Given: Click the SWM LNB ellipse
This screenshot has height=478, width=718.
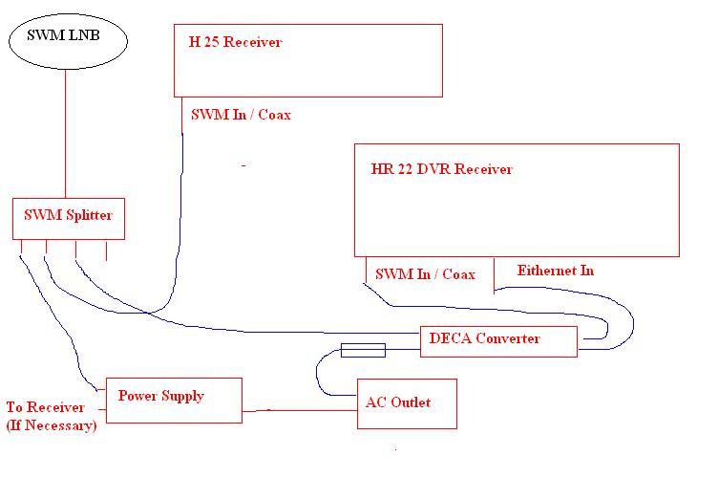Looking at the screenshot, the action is [x=10, y=41].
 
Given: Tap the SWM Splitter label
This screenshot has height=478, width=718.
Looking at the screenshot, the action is [x=68, y=215].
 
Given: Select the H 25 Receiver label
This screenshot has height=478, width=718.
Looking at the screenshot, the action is [x=235, y=42].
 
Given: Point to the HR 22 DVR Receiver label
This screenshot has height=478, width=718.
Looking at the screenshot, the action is [x=441, y=169].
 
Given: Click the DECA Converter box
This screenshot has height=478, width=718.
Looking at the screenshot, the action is [x=421, y=341].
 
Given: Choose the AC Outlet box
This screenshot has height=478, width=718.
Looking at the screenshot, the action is [x=358, y=403].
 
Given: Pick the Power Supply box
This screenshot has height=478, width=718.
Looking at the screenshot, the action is [x=106, y=401].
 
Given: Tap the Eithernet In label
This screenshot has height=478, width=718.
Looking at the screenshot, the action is [x=556, y=271].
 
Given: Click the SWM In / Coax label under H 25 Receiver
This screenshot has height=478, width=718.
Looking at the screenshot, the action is [x=241, y=114].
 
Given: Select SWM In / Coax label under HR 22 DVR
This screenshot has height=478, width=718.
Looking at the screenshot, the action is [x=425, y=274].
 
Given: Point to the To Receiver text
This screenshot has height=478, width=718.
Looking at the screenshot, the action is [x=45, y=407].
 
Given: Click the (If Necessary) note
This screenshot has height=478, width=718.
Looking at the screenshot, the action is [x=52, y=425].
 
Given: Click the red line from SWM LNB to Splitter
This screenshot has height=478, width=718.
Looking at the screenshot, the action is [x=66, y=134].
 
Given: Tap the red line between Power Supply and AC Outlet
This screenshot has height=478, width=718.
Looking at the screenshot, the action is [x=300, y=411].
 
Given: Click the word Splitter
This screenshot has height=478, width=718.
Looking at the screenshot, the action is [x=90, y=215].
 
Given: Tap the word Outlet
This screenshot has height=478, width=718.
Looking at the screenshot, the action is [x=411, y=402].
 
